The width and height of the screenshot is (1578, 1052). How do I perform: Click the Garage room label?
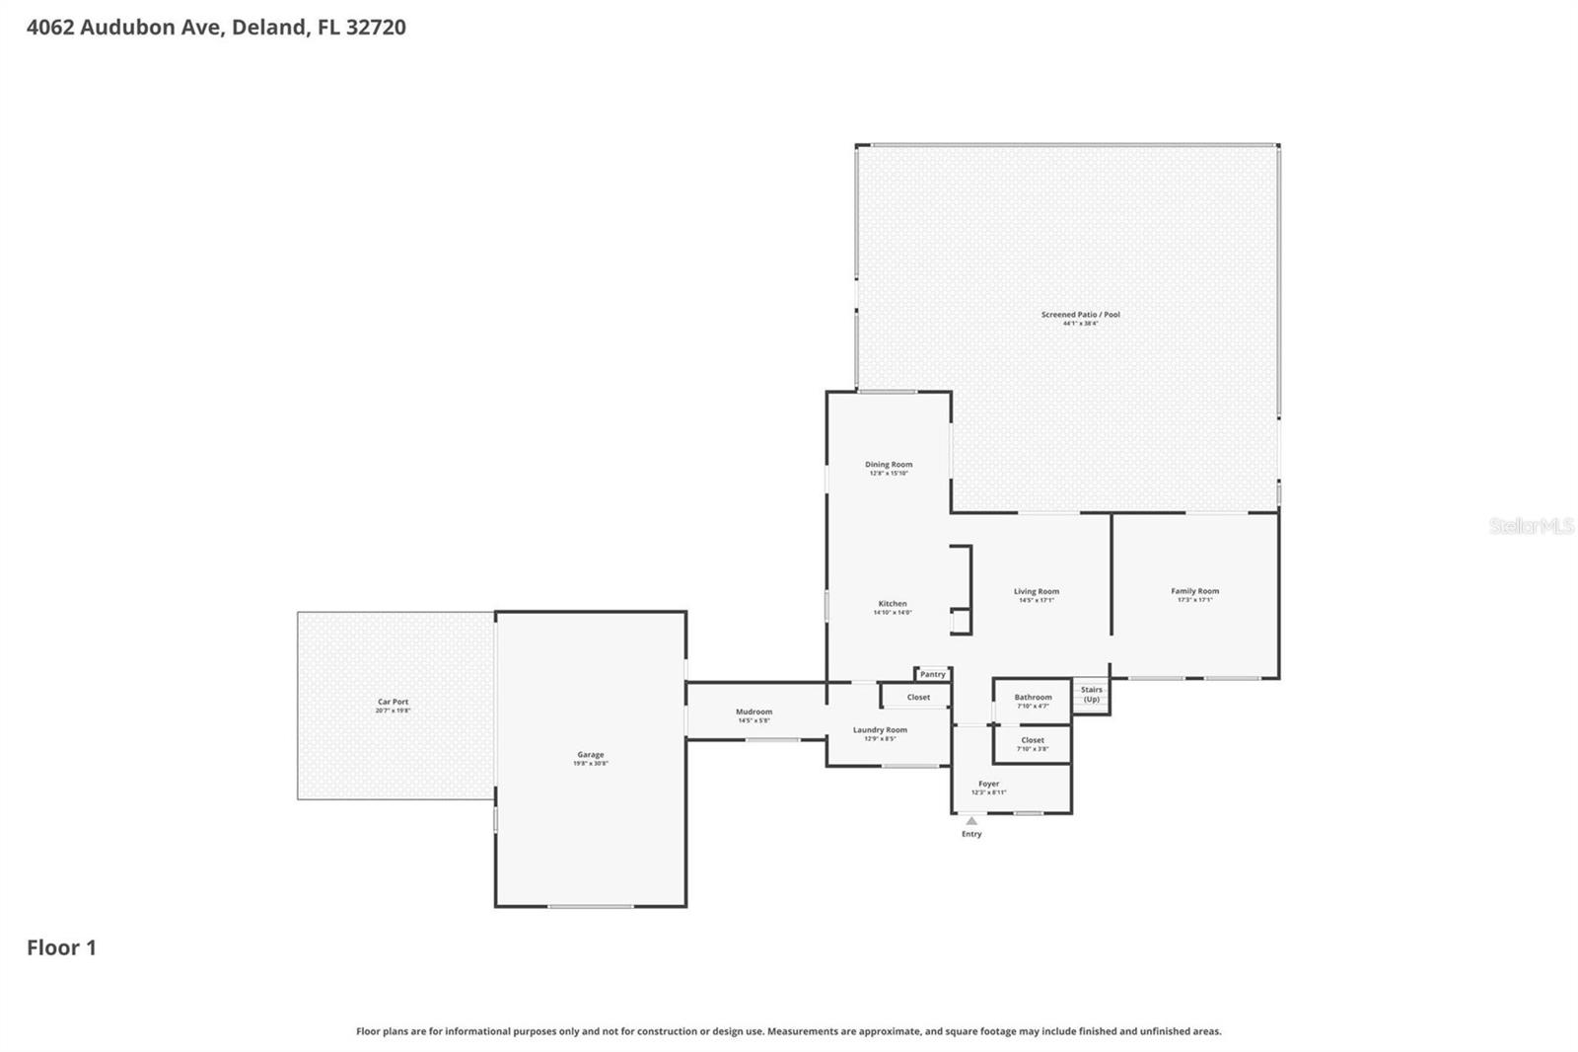[x=591, y=755]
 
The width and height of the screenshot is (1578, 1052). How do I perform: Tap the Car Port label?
[x=393, y=703]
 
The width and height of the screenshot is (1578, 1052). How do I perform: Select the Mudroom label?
[x=754, y=712]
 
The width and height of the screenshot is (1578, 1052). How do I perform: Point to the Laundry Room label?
[x=880, y=730]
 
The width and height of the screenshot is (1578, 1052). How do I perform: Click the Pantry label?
[x=932, y=674]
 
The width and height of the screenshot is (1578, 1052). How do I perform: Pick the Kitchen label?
[x=893, y=604]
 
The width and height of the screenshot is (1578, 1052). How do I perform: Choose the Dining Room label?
[x=889, y=465]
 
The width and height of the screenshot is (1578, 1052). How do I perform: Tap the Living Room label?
[x=1037, y=592]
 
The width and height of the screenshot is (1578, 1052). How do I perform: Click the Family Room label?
[x=1194, y=591]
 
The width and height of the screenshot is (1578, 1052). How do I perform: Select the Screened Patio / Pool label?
[x=1080, y=315]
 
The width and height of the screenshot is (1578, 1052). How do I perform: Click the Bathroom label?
[x=1033, y=697]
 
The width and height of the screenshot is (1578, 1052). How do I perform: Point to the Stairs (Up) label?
[x=1091, y=694]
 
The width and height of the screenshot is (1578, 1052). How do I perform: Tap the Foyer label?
[x=988, y=784]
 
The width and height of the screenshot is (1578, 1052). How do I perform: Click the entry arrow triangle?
[x=971, y=821]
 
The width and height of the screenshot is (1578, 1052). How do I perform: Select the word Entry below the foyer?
[x=971, y=834]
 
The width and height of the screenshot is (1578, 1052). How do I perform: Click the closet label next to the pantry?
[x=918, y=697]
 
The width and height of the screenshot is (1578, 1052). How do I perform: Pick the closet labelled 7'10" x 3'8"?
[x=1033, y=740]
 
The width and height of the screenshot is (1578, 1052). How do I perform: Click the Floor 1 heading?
[x=61, y=947]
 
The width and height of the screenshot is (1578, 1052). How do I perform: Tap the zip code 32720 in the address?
[x=375, y=27]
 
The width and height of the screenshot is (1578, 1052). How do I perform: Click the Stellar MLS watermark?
[x=1531, y=526]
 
